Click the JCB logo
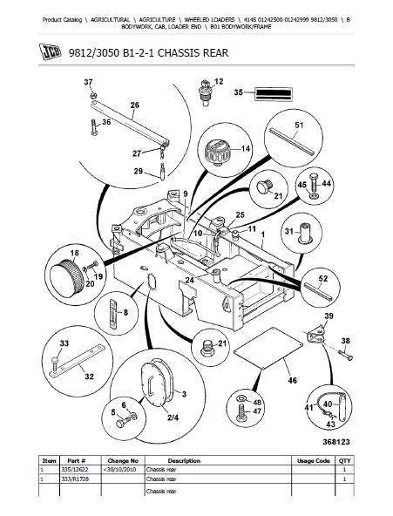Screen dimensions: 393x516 [50, 52]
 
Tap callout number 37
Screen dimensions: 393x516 [88, 82]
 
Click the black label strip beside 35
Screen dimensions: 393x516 [274, 94]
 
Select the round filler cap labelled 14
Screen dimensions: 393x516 [216, 151]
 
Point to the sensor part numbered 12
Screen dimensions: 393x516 [206, 92]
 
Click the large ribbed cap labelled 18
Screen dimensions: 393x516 [67, 277]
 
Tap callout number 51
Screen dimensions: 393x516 [299, 125]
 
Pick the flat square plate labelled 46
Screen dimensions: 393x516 [268, 348]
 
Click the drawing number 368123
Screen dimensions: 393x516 [336, 442]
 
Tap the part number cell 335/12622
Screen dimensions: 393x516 [75, 469]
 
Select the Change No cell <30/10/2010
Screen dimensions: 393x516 [119, 469]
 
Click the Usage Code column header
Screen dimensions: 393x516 [314, 461]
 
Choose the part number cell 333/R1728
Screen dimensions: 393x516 [75, 479]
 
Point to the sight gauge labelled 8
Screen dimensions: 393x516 [113, 314]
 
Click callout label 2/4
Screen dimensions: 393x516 [173, 418]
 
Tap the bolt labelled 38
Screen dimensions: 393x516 [345, 356]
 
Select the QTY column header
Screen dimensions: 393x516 [345, 461]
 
